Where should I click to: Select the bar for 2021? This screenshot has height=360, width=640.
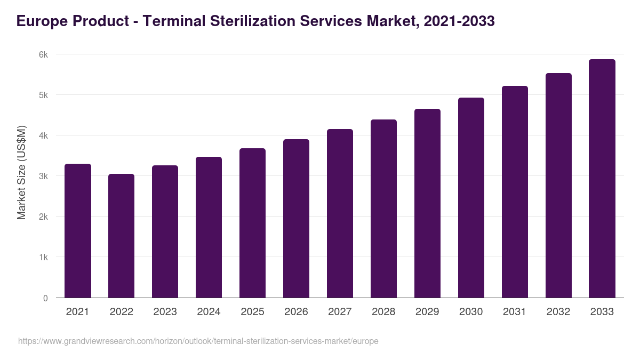(x=78, y=230)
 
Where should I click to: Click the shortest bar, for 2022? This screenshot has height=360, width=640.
(x=122, y=236)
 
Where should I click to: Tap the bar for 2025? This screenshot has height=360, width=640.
(x=252, y=223)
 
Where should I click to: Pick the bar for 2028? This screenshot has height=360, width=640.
(x=383, y=209)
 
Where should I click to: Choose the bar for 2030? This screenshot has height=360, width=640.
(x=471, y=197)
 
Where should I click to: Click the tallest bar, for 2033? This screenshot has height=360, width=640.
(x=602, y=178)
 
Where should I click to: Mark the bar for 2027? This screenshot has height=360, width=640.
(x=340, y=213)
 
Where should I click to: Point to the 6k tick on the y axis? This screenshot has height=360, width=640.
(x=43, y=54)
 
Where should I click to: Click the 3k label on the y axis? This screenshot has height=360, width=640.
(x=43, y=176)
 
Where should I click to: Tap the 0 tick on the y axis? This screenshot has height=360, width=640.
(x=45, y=298)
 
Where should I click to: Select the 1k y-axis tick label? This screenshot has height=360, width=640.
(x=43, y=257)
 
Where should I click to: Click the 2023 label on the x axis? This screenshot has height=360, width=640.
(x=165, y=312)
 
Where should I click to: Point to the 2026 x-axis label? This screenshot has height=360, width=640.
(x=296, y=312)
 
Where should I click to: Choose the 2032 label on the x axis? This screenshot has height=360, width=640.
(x=558, y=312)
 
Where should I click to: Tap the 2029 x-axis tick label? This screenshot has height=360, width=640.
(x=427, y=312)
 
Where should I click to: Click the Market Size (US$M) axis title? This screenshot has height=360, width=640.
(x=21, y=173)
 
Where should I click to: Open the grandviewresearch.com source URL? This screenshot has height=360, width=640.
(x=198, y=341)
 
